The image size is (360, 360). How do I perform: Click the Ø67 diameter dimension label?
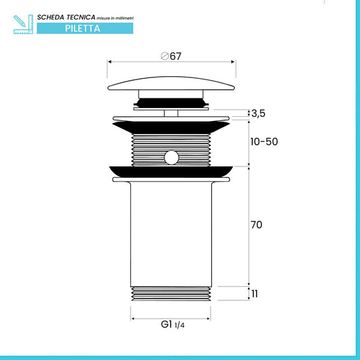(171, 56)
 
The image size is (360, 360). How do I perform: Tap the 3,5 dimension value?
(258, 113)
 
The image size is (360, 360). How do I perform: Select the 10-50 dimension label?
(264, 142)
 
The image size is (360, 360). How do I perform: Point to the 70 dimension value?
(257, 225)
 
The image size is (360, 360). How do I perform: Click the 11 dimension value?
(255, 294)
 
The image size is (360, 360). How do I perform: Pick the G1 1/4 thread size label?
(173, 325)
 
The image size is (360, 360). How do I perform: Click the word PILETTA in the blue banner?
(83, 29)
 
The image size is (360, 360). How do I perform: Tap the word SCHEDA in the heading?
(51, 18)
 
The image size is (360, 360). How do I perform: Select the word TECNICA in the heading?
(81, 17)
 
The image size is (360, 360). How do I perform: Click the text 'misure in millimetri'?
(115, 18)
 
